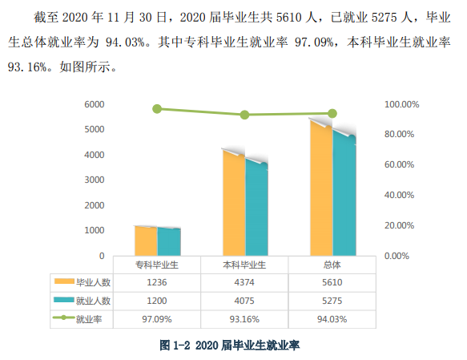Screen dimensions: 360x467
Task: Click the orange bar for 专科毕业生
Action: (146, 241)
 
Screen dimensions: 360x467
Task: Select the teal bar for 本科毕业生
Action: (257, 208)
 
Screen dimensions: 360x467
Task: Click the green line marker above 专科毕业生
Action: (157, 109)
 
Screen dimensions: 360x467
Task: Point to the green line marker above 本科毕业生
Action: (244, 115)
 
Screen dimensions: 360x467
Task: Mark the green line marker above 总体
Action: (332, 114)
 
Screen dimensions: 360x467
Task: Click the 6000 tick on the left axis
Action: (95, 104)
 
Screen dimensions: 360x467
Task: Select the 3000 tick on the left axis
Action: (95, 180)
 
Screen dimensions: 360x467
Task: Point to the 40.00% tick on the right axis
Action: (399, 195)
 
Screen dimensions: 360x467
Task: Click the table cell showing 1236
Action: (157, 282)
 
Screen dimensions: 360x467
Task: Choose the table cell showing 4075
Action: (244, 301)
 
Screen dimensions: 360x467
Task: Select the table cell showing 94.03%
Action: (332, 319)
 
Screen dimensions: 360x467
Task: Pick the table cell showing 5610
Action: (332, 282)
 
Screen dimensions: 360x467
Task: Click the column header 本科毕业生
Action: (244, 265)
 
